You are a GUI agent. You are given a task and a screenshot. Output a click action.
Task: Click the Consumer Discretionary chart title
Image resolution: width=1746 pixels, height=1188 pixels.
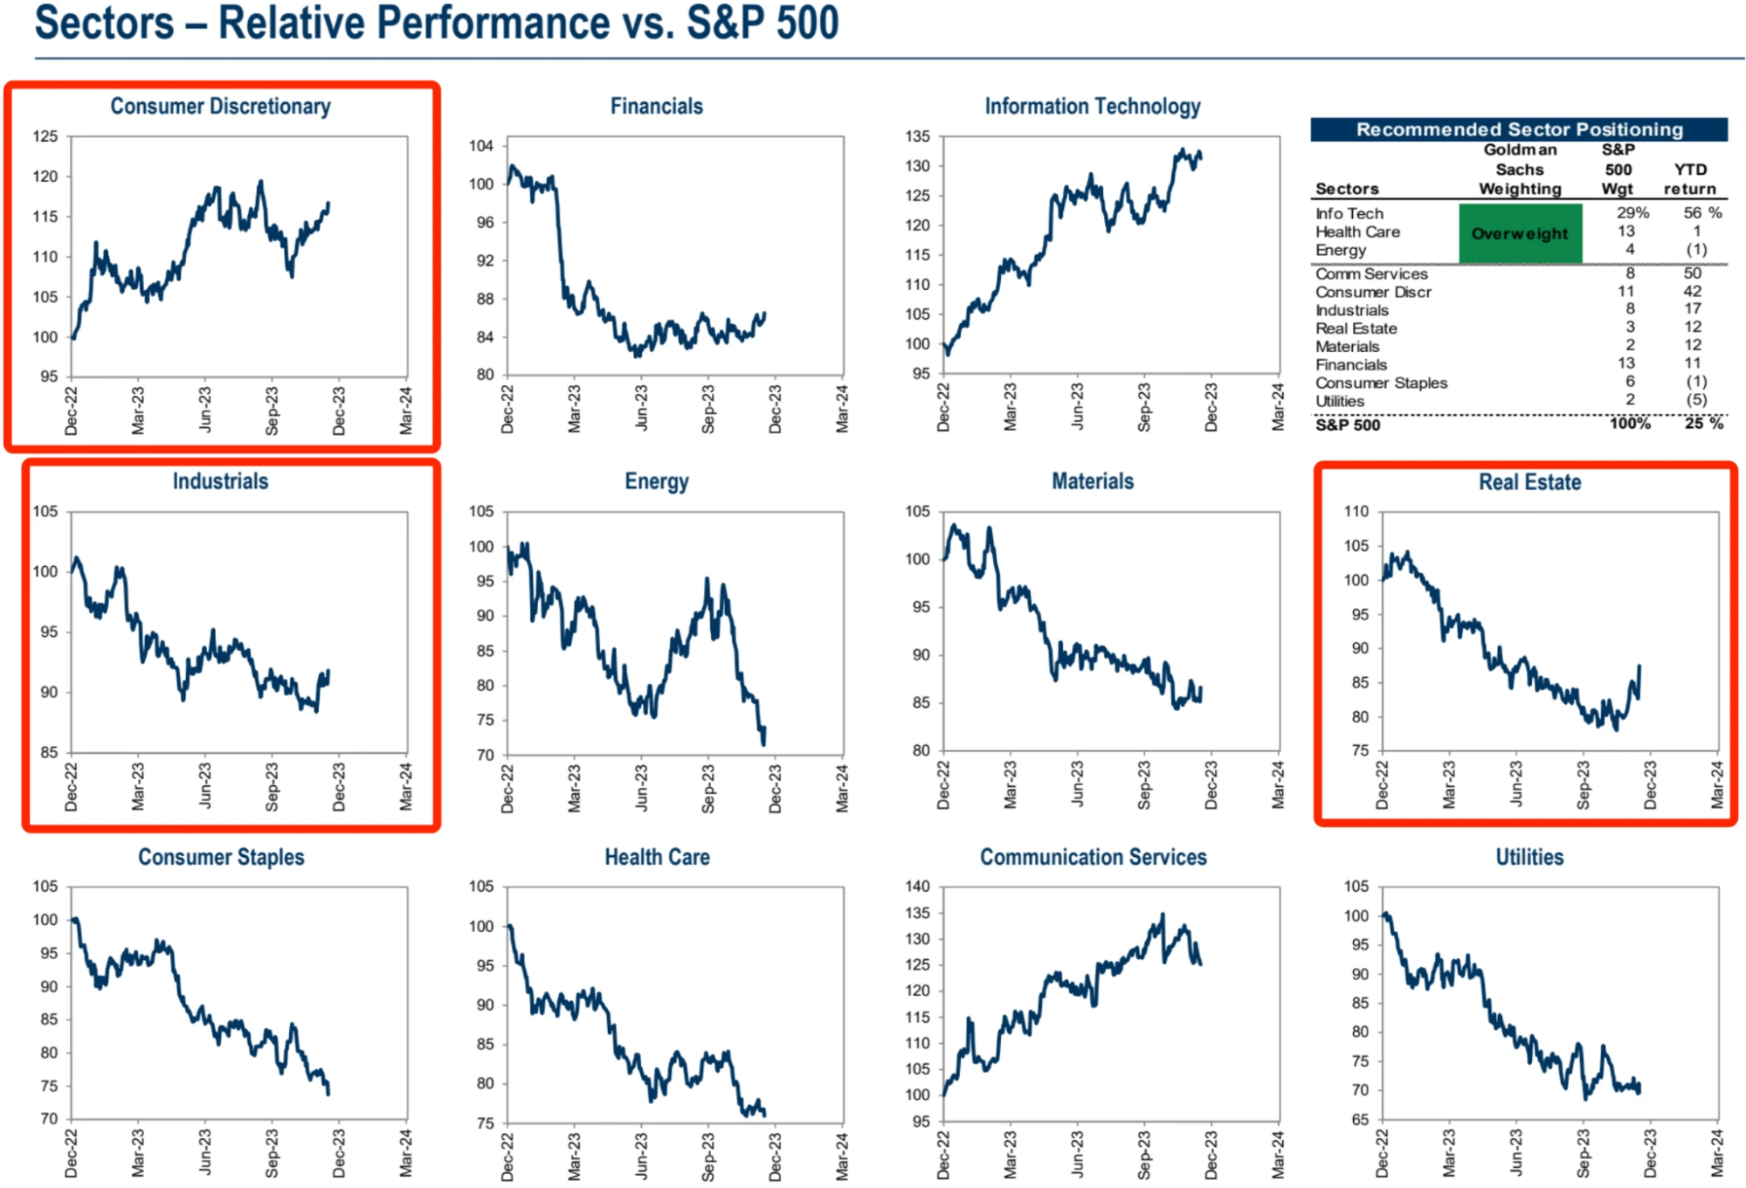220,107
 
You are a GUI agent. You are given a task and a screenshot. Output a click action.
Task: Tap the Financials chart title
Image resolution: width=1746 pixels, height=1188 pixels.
656,107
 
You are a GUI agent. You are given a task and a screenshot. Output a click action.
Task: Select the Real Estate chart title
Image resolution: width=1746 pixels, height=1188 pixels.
1529,482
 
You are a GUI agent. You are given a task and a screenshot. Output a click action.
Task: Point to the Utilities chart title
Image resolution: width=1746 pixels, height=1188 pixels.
1529,857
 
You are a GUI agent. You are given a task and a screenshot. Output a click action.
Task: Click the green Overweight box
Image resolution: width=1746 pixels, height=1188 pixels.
1520,233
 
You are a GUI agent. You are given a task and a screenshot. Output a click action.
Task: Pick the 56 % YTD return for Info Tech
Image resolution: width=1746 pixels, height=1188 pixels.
1701,213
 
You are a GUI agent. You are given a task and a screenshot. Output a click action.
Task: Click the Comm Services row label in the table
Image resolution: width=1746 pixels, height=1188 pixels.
1371,274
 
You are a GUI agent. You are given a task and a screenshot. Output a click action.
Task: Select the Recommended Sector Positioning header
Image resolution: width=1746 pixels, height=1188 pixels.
1519,129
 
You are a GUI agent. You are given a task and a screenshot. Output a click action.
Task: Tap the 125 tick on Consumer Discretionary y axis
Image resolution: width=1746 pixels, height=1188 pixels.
45,136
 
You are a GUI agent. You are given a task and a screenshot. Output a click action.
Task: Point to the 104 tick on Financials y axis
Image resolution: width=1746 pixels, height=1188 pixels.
481,146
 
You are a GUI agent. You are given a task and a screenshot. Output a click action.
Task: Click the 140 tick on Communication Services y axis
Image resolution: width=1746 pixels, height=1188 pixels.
917,887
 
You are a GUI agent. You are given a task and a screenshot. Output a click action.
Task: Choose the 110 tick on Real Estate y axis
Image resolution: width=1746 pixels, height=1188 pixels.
1356,512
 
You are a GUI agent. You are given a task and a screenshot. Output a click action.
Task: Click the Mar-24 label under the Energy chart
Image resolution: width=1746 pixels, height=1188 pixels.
842,788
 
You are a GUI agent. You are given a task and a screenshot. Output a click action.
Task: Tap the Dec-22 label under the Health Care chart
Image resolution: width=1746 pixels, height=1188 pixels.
507,1155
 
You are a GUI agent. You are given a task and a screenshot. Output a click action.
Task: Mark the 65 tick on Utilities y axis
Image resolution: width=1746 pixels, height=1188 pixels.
1359,1120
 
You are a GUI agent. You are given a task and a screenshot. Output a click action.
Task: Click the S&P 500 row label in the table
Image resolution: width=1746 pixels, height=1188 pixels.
1348,425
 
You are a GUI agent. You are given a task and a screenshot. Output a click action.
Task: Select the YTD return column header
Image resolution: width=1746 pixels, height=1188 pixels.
1689,179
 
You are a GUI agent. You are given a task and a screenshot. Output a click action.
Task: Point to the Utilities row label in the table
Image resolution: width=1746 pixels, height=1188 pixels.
1340,402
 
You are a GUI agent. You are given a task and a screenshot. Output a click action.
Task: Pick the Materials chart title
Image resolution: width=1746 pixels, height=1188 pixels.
1092,482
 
